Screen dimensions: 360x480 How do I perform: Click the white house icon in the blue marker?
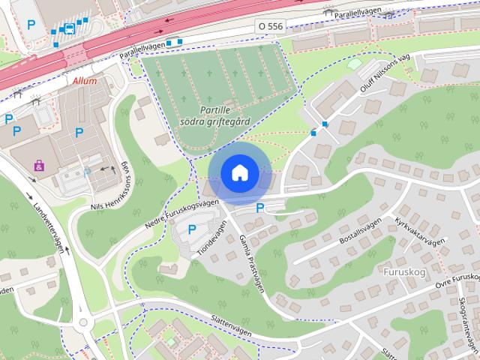click(x=239, y=172)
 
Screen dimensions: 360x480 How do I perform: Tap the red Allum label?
click(x=85, y=81)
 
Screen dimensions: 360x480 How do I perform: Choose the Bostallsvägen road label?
click(x=361, y=235)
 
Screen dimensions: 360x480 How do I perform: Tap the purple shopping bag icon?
click(x=39, y=163)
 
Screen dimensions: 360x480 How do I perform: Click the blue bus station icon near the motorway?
click(x=69, y=28)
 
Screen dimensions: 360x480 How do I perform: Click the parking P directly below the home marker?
click(x=260, y=208)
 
